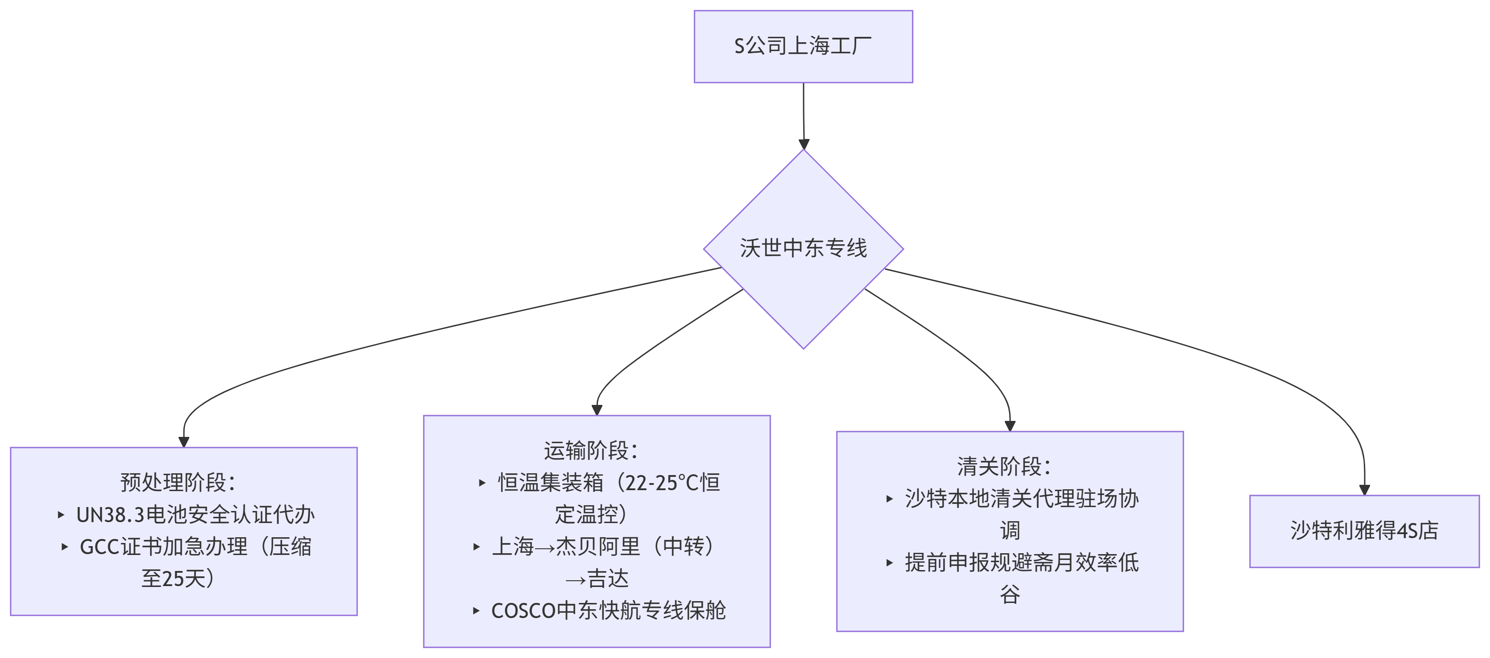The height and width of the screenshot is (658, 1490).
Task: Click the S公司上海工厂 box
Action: click(804, 46)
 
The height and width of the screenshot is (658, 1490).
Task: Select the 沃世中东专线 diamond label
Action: click(804, 248)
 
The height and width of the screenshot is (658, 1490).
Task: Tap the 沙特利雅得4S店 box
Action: click(1364, 531)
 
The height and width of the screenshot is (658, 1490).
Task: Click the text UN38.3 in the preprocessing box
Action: click(110, 515)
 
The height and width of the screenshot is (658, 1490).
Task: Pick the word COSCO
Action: click(523, 610)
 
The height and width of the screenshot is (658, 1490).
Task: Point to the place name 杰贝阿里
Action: click(598, 547)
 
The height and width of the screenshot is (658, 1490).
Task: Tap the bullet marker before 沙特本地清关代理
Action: click(890, 499)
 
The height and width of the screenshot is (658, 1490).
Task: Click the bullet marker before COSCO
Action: click(476, 610)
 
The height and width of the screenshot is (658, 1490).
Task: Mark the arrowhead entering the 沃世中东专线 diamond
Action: click(804, 144)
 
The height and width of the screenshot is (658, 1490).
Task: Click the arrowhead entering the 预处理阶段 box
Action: click(184, 442)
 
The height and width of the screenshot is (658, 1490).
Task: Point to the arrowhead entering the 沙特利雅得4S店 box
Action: click(1364, 490)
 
